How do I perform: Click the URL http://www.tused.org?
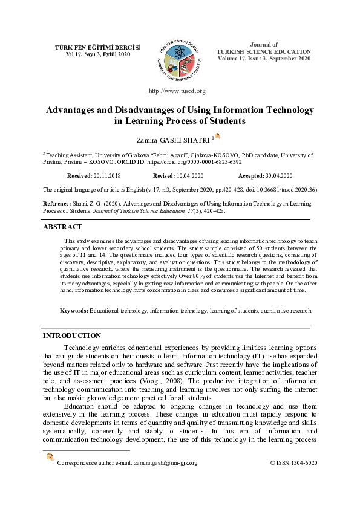[x=177, y=91]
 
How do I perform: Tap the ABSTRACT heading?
[x=62, y=227]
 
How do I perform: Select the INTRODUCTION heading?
[x=71, y=336]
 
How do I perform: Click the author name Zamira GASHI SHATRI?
[x=175, y=140]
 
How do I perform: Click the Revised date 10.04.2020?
[x=189, y=175]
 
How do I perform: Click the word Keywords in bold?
[x=73, y=311]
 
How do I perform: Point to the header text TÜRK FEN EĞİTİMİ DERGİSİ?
[x=90, y=47]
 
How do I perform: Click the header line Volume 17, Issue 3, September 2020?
[x=264, y=59]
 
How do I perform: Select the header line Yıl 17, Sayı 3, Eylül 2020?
[x=90, y=54]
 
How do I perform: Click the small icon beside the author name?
[x=218, y=137]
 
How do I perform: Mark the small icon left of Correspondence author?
[x=50, y=458]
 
